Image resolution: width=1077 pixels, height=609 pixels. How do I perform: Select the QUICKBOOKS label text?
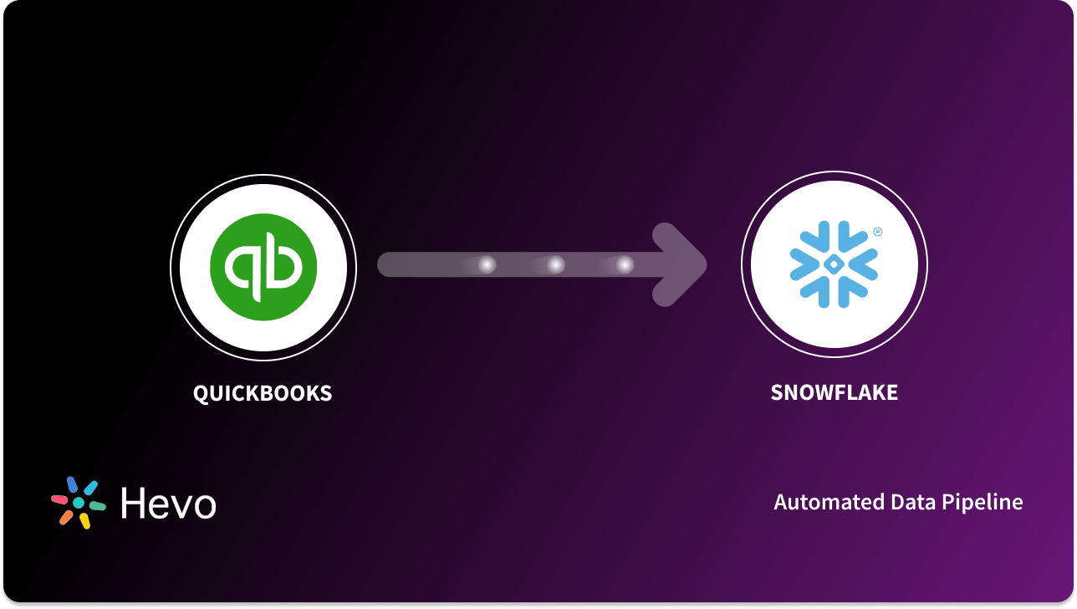[x=263, y=393]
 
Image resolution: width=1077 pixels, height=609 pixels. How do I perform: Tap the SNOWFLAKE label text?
[x=834, y=393]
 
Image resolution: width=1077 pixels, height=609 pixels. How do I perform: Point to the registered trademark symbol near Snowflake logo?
[x=877, y=232]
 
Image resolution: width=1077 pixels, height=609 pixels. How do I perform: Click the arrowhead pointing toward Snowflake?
[x=681, y=265]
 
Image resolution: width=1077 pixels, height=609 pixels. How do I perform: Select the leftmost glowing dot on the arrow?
[x=486, y=265]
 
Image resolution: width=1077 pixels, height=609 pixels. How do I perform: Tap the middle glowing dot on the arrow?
[x=555, y=265]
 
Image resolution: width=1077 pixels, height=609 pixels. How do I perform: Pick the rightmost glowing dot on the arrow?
[x=625, y=265]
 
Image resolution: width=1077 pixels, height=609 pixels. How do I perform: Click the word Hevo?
[x=168, y=504]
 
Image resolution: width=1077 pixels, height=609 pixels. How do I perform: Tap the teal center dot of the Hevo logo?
[x=79, y=504]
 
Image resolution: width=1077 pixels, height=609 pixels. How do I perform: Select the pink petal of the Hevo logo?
[x=59, y=499]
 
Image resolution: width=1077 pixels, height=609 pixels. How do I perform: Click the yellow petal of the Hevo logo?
[x=84, y=522]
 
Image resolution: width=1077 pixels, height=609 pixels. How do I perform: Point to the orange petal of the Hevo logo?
[x=65, y=518]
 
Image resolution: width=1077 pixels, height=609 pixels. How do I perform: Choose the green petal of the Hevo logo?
[x=98, y=506]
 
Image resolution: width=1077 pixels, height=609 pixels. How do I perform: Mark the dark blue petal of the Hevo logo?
[x=72, y=484]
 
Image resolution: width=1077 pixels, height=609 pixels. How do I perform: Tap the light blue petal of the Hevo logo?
[x=91, y=488]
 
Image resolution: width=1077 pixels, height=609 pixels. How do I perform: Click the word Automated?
[x=821, y=502]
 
